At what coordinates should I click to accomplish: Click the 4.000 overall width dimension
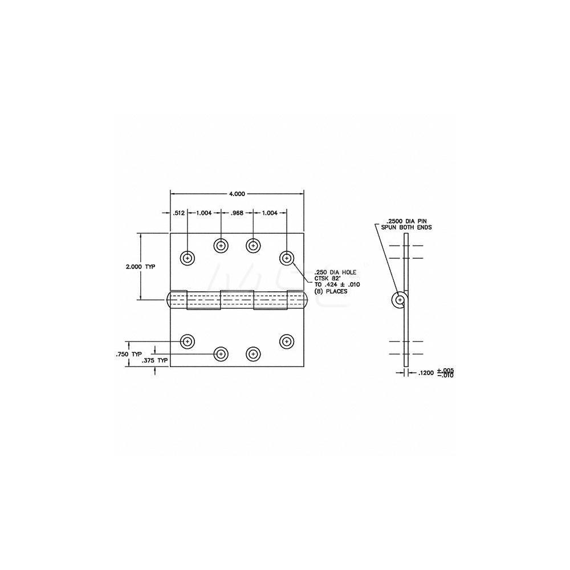pos(237,194)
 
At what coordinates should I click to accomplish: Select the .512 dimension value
pos(178,213)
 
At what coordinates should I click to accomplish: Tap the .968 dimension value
pos(237,213)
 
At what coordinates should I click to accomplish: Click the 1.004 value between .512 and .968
pos(203,213)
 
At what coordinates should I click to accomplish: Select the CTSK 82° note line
pos(323,278)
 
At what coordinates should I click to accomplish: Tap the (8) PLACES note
pos(328,291)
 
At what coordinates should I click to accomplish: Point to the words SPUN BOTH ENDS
pos(409,227)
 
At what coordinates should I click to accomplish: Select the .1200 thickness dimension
pos(427,373)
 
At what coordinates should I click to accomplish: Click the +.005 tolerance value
pos(448,370)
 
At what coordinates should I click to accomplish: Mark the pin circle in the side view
pos(400,300)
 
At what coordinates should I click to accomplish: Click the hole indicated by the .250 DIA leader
pos(287,258)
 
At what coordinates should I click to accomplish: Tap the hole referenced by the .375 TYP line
pos(221,354)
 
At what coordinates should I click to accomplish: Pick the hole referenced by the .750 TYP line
pos(187,341)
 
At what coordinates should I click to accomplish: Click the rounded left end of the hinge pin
pos(169,300)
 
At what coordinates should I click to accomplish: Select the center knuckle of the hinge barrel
pos(237,300)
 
